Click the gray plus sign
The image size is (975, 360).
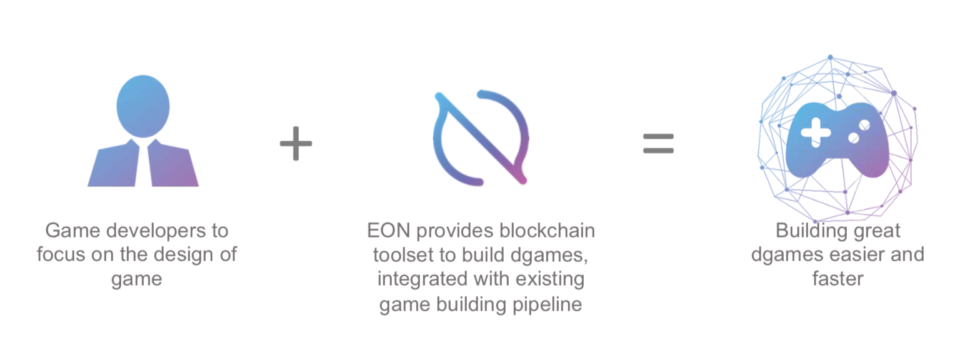296,143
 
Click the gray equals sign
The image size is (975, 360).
659,143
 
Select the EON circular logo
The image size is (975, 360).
481,138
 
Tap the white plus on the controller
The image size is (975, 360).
816,132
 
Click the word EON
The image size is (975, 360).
388,231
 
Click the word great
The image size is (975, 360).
877,231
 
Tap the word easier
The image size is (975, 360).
852,255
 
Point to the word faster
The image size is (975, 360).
837,279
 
